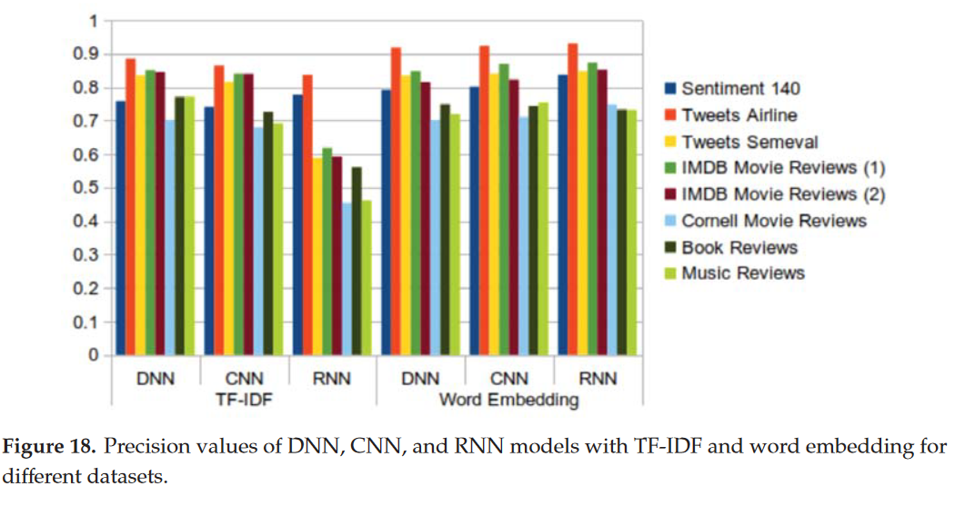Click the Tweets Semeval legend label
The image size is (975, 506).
pos(749,141)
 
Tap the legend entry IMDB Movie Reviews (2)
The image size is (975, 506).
pos(782,193)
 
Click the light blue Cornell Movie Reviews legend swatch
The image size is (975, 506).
pos(671,221)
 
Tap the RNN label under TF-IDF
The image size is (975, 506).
pos(333,378)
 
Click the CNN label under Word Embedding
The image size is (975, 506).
pos(509,378)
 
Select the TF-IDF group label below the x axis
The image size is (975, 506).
pos(244,399)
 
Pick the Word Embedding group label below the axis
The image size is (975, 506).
pos(509,400)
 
